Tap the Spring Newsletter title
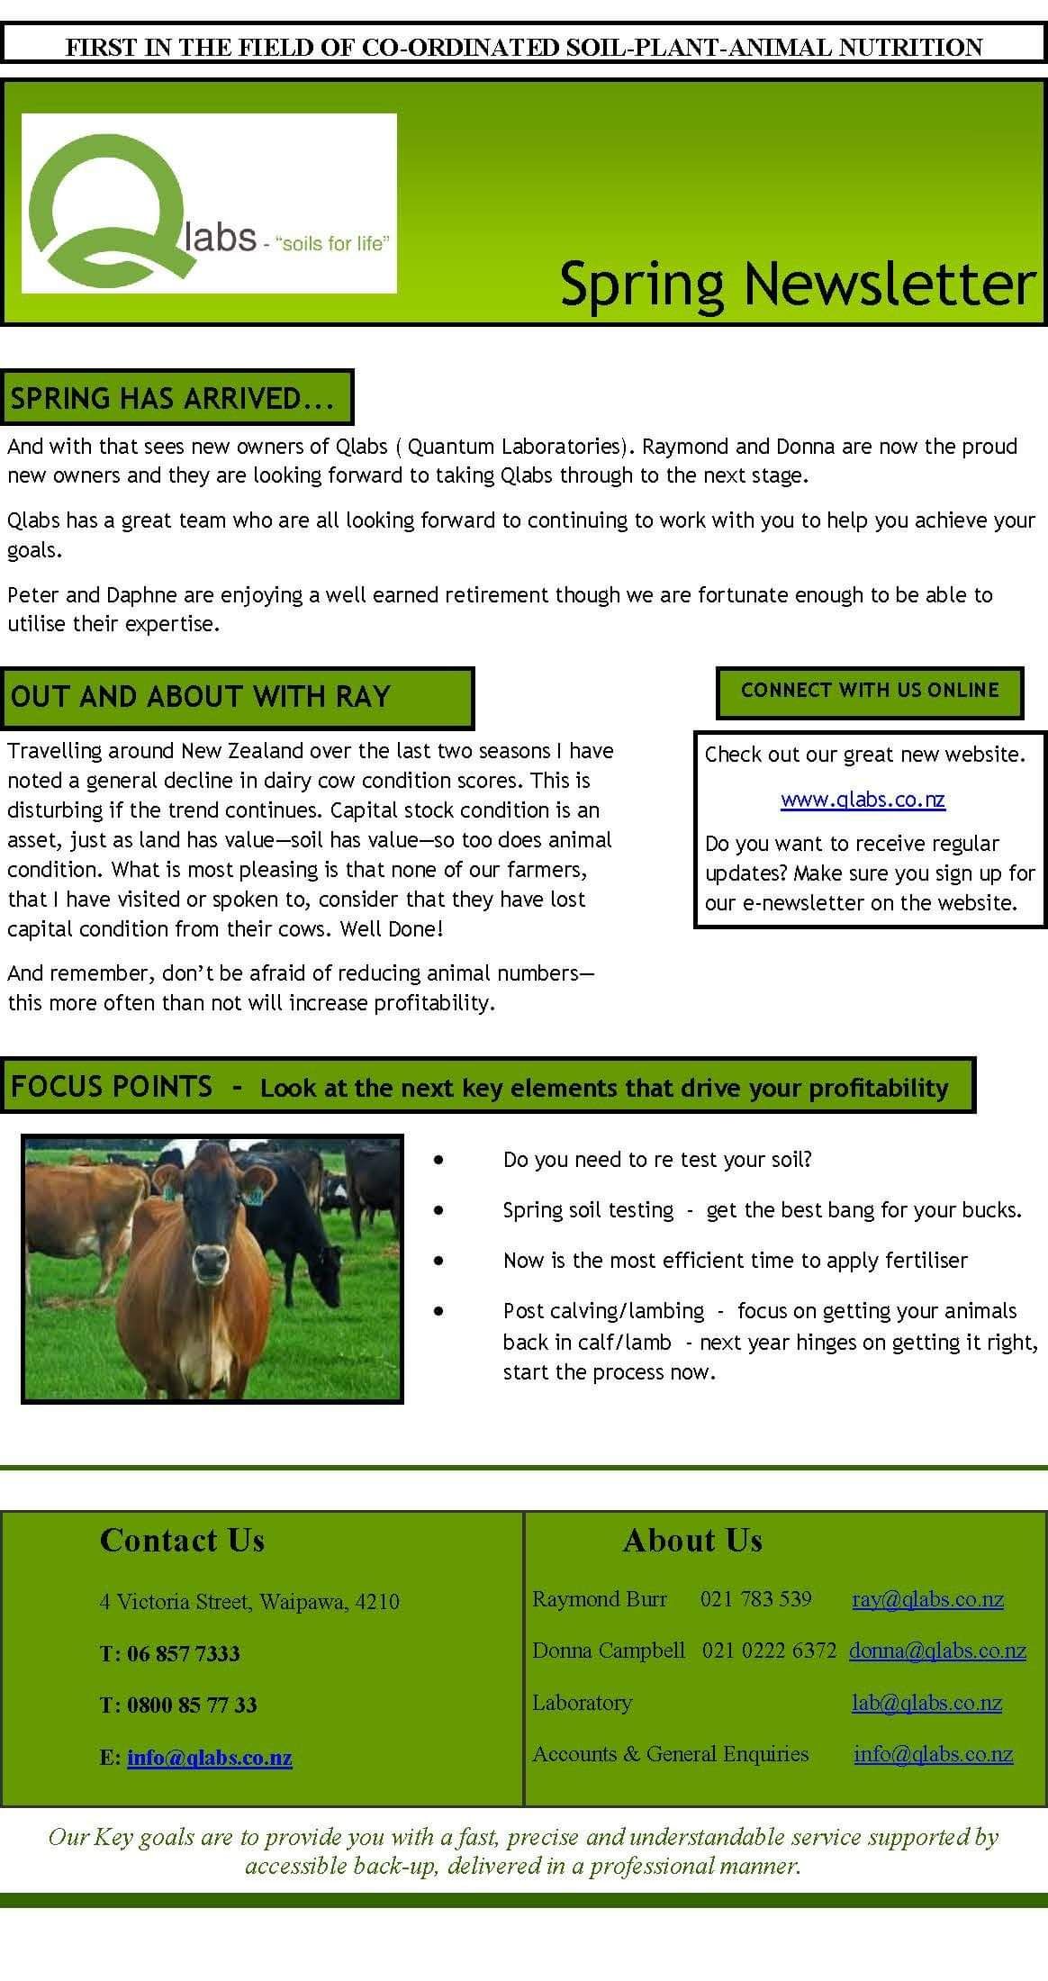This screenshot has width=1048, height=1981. click(x=797, y=284)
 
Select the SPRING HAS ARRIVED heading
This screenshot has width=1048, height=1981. click(x=172, y=398)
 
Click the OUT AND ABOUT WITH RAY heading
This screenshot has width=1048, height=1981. click(x=200, y=697)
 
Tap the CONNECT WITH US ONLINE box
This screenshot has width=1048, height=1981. click(x=870, y=691)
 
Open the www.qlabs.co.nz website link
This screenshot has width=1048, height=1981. click(x=863, y=800)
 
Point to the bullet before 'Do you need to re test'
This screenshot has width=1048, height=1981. click(x=438, y=1162)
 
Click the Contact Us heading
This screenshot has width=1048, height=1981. click(x=182, y=1541)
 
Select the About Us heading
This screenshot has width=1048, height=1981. click(x=692, y=1541)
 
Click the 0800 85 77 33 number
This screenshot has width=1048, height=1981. click(x=192, y=1705)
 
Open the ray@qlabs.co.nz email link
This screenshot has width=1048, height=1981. click(x=927, y=1599)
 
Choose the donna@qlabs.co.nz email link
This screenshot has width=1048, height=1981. click(x=937, y=1651)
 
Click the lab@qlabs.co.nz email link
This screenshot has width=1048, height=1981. click(x=926, y=1703)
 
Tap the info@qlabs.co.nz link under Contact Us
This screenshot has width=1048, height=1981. click(x=210, y=1757)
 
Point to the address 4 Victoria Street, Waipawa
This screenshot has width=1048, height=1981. click(x=249, y=1602)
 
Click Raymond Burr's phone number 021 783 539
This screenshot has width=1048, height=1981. click(x=755, y=1599)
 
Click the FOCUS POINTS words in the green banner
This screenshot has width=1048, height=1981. click(x=112, y=1087)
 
